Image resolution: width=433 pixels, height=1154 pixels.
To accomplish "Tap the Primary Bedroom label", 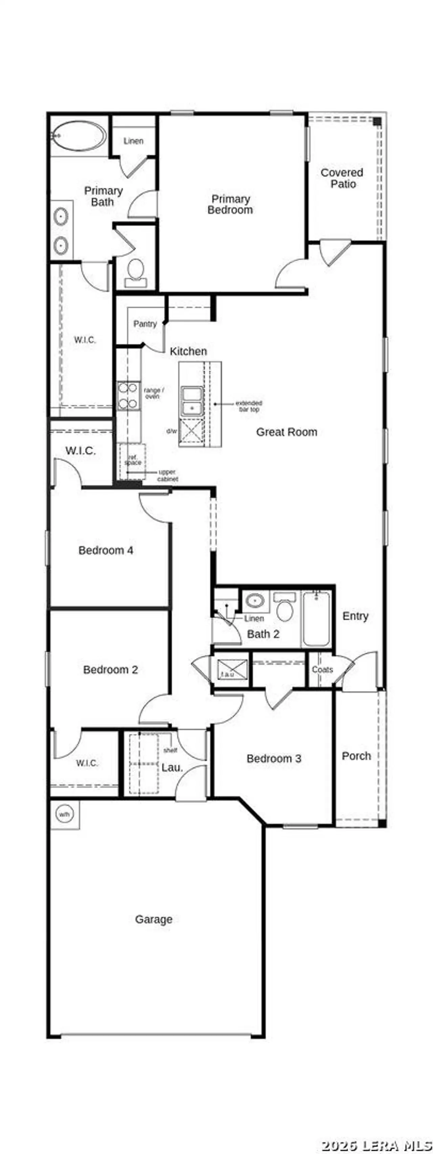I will pyautogui.click(x=230, y=204).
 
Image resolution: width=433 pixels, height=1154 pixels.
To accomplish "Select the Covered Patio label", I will pyautogui.click(x=342, y=178).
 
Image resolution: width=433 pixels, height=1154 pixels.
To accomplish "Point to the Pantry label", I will pyautogui.click(x=145, y=324).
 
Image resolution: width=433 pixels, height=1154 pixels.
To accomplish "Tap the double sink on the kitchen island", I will pyautogui.click(x=191, y=401).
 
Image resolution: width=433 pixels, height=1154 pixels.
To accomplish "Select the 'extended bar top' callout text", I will pyautogui.click(x=249, y=406).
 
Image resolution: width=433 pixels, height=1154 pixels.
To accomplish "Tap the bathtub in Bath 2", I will pyautogui.click(x=316, y=619).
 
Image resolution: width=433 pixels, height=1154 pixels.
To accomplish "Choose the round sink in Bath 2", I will pyautogui.click(x=255, y=600).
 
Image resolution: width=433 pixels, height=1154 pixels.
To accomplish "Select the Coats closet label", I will pyautogui.click(x=322, y=670).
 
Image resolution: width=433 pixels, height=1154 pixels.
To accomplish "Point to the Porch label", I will pyautogui.click(x=356, y=756).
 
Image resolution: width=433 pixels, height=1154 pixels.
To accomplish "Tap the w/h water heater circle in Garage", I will pyautogui.click(x=64, y=814).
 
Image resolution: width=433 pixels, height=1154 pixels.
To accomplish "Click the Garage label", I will pyautogui.click(x=154, y=919).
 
